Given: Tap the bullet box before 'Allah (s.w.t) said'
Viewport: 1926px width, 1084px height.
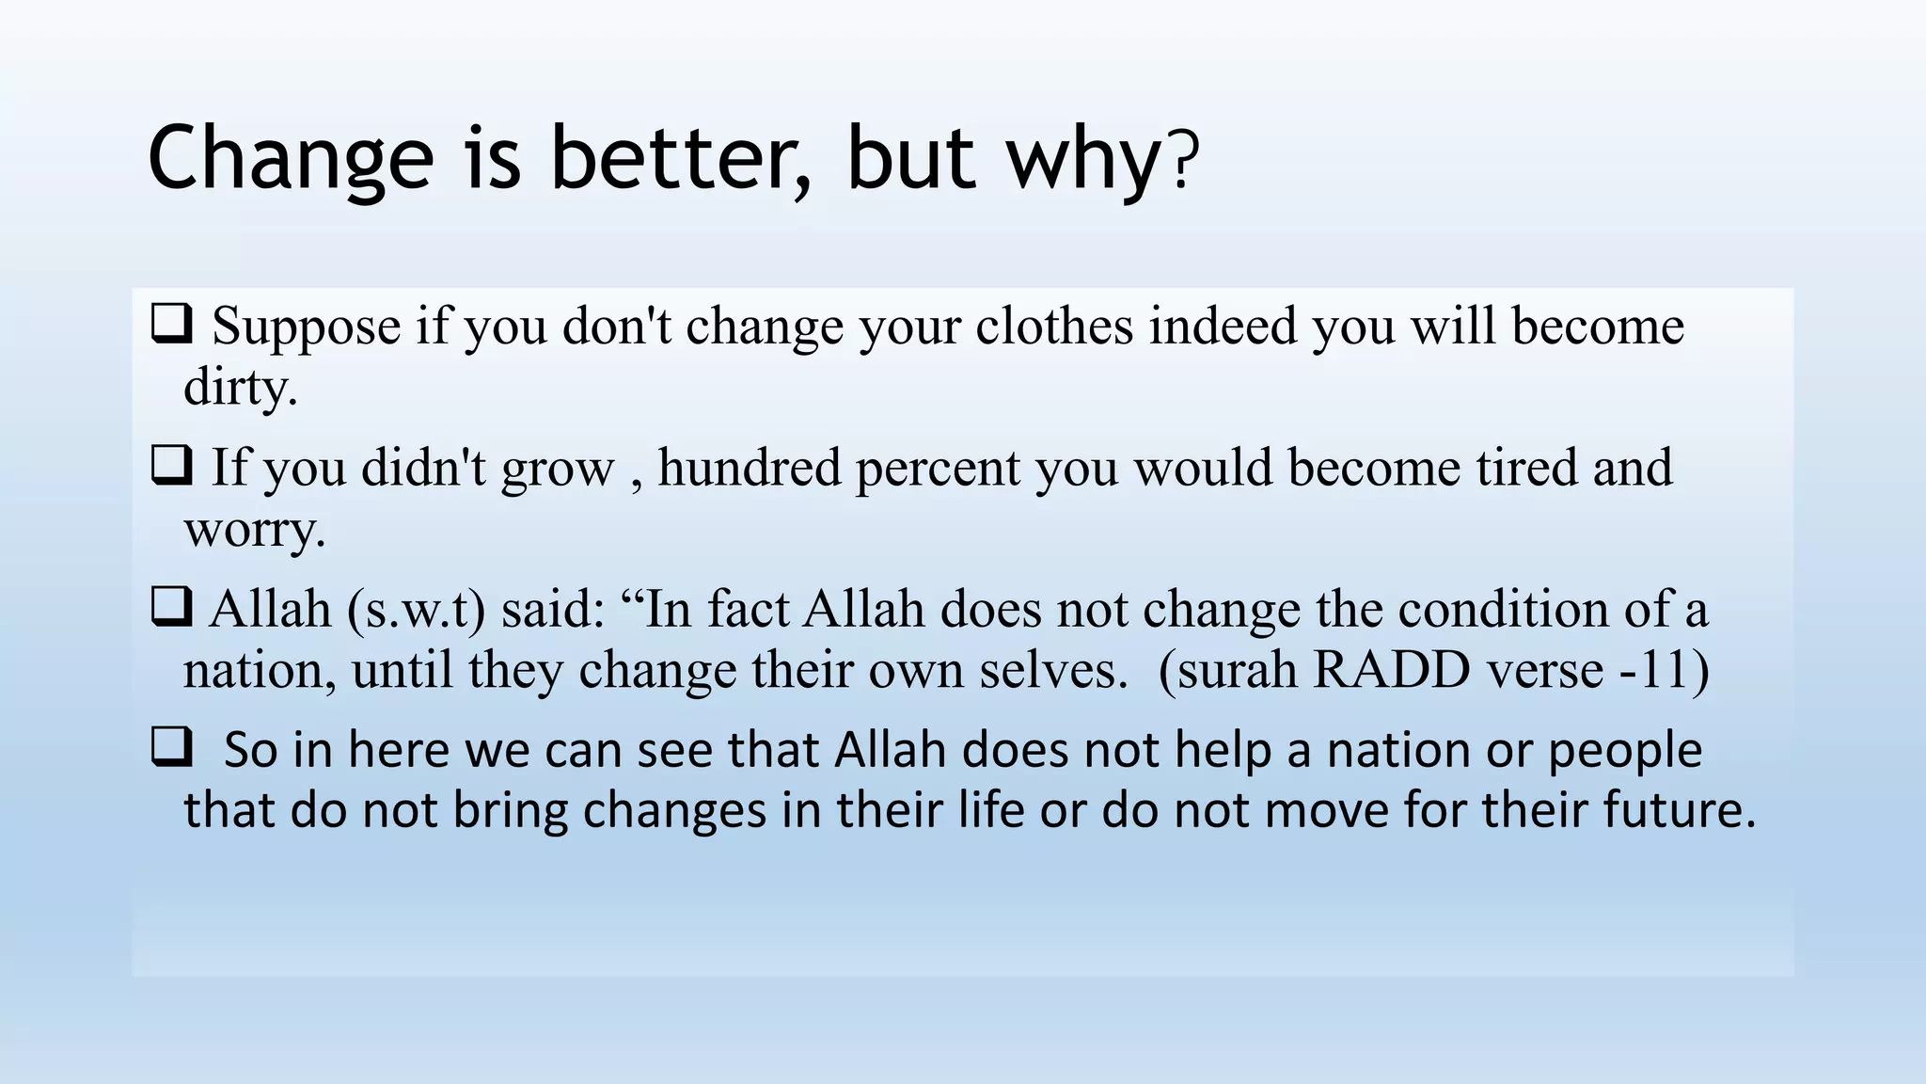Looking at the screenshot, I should pyautogui.click(x=171, y=607).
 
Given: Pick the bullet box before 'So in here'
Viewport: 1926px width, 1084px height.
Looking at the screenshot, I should pyautogui.click(x=171, y=748).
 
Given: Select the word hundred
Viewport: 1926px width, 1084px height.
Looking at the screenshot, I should pyautogui.click(x=749, y=468).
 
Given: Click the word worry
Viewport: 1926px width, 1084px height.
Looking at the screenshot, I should pyautogui.click(x=254, y=530).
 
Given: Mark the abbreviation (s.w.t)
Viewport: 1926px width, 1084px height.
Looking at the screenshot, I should pyautogui.click(x=416, y=610).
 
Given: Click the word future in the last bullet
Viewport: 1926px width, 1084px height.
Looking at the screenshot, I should pyautogui.click(x=1678, y=810).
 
